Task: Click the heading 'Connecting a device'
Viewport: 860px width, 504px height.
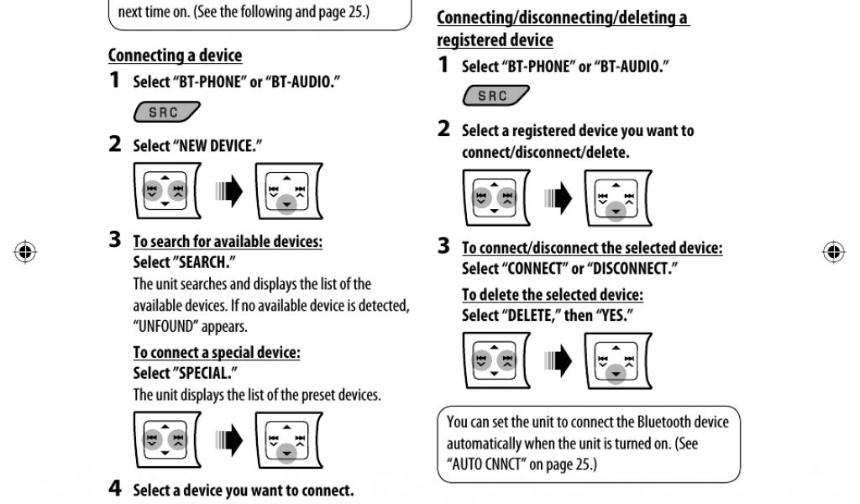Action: [x=175, y=55]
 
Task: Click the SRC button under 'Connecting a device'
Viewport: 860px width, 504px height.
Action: [x=165, y=113]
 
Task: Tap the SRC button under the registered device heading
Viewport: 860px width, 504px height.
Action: [x=495, y=96]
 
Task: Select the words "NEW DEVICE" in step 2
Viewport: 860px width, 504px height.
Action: [x=217, y=146]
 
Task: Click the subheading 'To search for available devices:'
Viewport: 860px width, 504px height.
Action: [x=228, y=242]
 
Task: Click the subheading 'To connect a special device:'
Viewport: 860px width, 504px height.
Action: [x=217, y=353]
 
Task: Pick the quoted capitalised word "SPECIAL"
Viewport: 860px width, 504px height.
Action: [x=205, y=373]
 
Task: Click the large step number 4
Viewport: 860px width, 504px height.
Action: [x=115, y=488]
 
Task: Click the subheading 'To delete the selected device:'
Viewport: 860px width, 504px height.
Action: [x=553, y=295]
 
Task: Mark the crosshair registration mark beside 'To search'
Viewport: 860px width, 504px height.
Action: [x=24, y=251]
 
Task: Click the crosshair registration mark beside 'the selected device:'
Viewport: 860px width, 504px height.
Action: [x=833, y=251]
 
